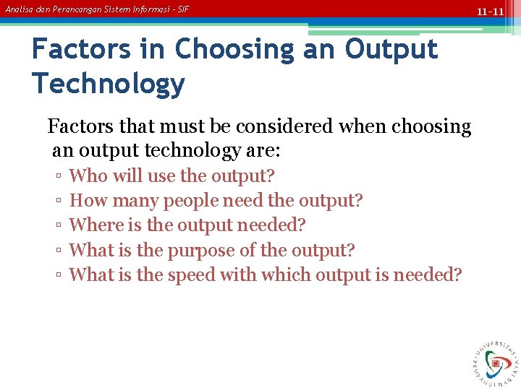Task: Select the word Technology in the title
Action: click(x=109, y=84)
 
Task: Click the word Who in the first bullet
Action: click(x=85, y=175)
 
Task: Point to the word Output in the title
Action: click(x=391, y=49)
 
